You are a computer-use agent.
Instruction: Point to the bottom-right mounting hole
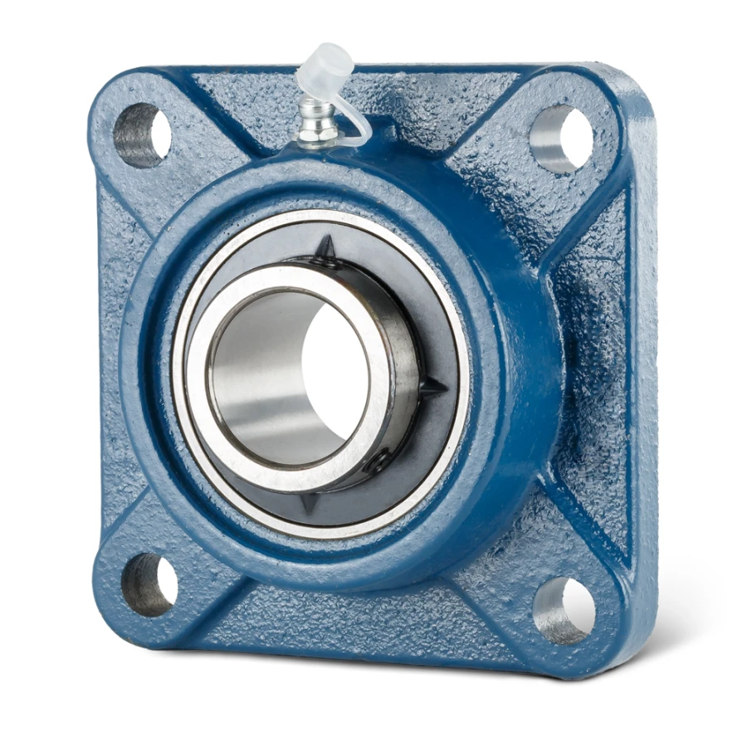click(x=565, y=610)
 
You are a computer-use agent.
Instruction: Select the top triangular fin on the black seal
click(x=327, y=249)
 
